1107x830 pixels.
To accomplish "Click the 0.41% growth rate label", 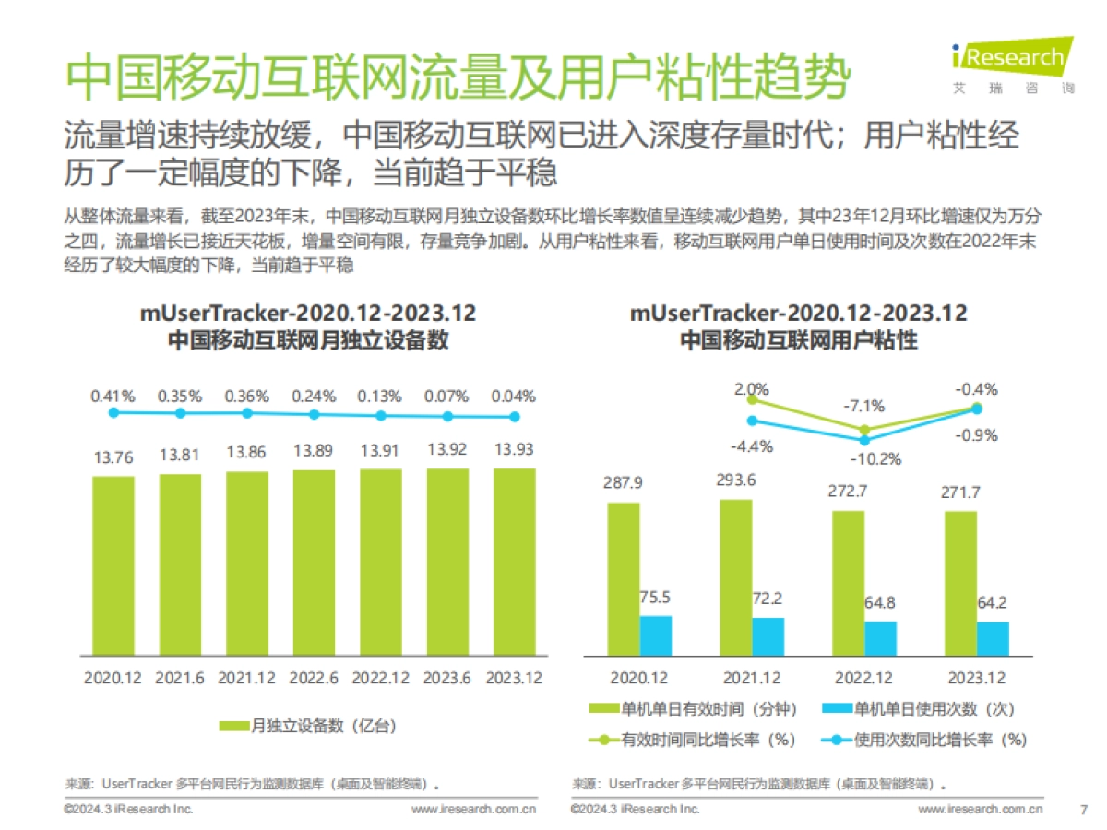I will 113,396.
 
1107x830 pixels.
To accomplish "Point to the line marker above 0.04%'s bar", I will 515,417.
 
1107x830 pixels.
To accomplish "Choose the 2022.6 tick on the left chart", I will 313,678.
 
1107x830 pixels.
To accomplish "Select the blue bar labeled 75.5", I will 656,635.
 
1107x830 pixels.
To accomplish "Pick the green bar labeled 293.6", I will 735,577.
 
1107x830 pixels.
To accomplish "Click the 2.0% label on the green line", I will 752,389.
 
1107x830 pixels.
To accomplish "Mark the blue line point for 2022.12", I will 864,440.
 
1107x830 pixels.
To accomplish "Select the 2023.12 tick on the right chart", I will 978,678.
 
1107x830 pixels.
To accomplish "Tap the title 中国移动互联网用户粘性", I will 798,339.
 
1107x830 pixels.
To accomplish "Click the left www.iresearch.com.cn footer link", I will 473,810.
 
